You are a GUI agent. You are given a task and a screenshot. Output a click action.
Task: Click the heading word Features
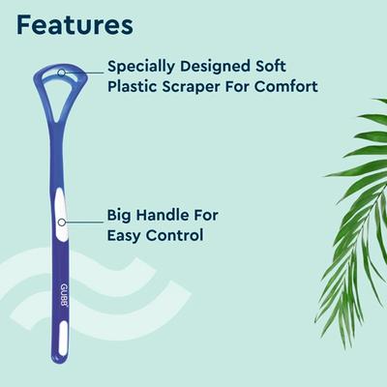(75, 23)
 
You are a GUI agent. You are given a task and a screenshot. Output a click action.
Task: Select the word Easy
(127, 235)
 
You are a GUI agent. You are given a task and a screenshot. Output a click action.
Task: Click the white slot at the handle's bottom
(65, 341)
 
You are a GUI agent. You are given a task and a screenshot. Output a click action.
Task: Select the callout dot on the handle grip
(60, 222)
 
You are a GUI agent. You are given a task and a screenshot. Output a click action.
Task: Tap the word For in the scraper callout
(231, 88)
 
